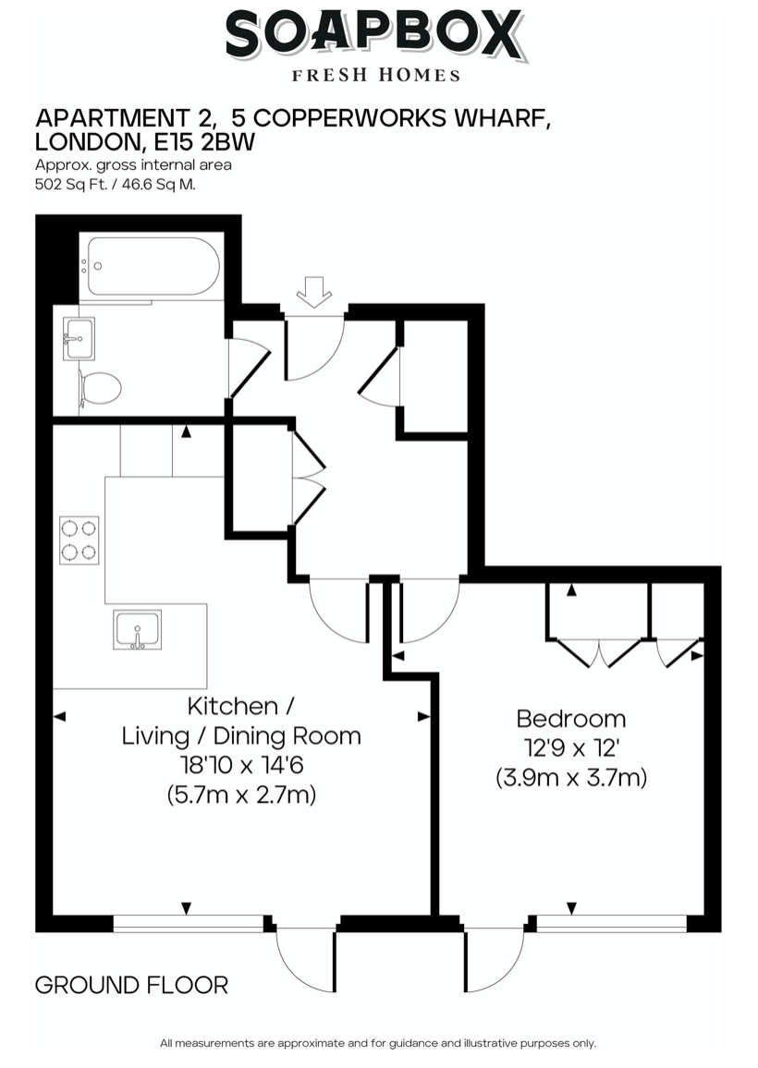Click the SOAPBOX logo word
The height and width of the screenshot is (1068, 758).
tap(374, 36)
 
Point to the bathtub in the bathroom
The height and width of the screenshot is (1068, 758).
tap(151, 266)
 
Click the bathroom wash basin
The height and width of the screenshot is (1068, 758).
tap(79, 338)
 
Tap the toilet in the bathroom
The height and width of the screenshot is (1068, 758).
tap(99, 388)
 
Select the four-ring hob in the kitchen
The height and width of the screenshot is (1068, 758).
tap(79, 540)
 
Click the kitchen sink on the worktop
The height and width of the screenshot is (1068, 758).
tap(137, 630)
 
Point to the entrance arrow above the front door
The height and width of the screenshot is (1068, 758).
tap(314, 292)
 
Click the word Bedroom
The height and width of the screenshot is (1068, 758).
tap(570, 718)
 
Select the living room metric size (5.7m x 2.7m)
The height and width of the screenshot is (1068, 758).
tap(241, 795)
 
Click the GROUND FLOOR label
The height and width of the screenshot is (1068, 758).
tap(131, 985)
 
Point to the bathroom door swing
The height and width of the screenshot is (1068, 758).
tap(248, 367)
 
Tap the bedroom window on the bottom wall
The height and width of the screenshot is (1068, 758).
tap(611, 923)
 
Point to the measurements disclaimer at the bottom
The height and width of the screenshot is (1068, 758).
tap(378, 1043)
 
